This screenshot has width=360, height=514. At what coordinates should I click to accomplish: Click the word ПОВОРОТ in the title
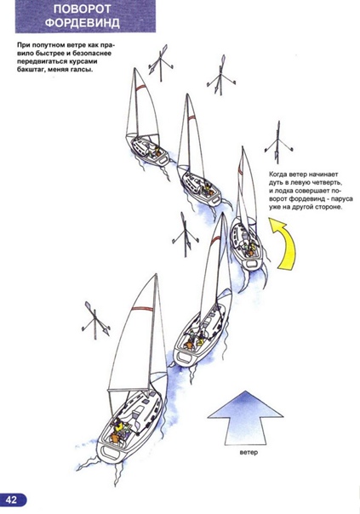point(83,9)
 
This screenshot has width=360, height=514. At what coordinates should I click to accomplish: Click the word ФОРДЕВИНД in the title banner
point(83,24)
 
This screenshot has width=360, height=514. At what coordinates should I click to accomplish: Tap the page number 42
point(11,500)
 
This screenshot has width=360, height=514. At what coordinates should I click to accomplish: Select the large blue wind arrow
point(245,418)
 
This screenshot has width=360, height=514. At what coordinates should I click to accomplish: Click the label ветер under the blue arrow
point(249,453)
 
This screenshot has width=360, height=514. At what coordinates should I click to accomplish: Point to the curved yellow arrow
point(283,243)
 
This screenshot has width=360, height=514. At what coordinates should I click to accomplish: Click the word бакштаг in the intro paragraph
point(31,70)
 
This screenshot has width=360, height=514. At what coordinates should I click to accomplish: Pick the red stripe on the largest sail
point(142,308)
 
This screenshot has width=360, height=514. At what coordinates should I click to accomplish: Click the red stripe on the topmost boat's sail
point(141,87)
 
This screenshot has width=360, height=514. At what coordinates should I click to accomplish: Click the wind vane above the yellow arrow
point(278,143)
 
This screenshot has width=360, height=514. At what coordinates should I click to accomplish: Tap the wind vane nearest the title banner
point(161,63)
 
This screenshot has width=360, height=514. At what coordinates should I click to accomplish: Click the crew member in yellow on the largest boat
point(120,426)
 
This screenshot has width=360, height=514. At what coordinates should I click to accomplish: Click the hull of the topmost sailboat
point(148,150)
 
